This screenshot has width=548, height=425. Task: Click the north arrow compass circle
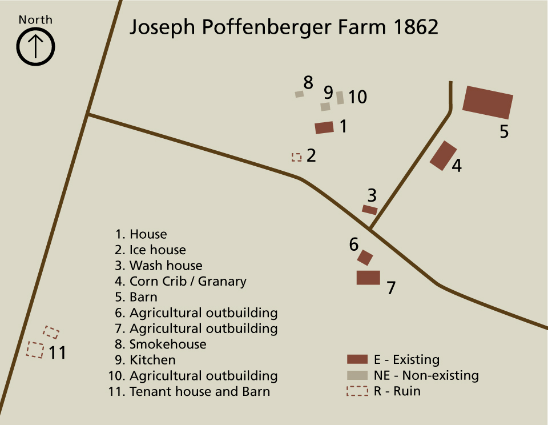(x=35, y=46)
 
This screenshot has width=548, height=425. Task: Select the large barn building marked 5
(x=487, y=103)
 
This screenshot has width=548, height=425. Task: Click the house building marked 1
(x=324, y=127)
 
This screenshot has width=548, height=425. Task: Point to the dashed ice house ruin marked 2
(x=296, y=157)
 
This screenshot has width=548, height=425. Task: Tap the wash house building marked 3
(x=369, y=210)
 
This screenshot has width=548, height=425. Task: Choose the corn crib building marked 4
(x=443, y=155)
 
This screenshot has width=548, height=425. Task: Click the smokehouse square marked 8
(x=299, y=94)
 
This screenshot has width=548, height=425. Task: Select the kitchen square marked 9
(x=325, y=106)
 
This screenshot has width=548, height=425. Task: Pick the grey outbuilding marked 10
(x=340, y=98)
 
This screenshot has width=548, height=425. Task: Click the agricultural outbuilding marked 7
(x=368, y=278)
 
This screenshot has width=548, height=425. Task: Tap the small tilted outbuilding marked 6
(x=365, y=257)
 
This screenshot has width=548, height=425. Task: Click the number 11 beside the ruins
(x=57, y=352)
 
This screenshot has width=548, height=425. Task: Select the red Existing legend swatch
(x=357, y=359)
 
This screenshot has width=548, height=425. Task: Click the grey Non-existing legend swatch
(x=357, y=375)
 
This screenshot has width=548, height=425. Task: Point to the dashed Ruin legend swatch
(x=357, y=391)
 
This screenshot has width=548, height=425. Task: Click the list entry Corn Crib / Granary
(x=187, y=281)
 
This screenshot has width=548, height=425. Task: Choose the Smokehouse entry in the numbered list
(x=167, y=344)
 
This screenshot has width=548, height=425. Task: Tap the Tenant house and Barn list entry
(x=199, y=392)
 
